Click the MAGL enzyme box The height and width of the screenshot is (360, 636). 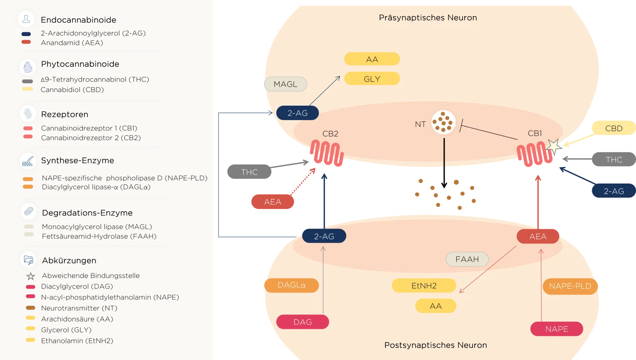(x=285, y=84)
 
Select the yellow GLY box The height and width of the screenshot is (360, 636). (x=372, y=79)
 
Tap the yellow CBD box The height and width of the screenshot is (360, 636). (x=613, y=128)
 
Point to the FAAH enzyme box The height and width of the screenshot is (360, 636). (x=467, y=259)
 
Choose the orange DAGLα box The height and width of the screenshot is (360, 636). (x=291, y=285)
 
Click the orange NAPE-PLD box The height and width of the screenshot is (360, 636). (x=570, y=286)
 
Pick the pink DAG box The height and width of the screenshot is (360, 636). (x=302, y=322)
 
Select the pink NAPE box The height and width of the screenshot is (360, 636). (x=556, y=329)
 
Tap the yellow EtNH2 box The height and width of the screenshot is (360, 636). (x=424, y=285)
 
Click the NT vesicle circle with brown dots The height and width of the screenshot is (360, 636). (x=443, y=122)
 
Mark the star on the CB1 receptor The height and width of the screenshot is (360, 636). (x=553, y=146)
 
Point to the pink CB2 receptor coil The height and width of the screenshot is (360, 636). (x=327, y=154)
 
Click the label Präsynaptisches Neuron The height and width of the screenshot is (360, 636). (x=428, y=18)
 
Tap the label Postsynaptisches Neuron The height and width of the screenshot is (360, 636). (x=435, y=345)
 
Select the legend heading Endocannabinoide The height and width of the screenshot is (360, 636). (x=78, y=20)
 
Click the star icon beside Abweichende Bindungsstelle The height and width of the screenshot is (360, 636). (x=31, y=276)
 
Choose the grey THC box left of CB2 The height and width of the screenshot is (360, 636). (x=249, y=172)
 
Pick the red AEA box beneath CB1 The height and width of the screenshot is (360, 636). (x=537, y=237)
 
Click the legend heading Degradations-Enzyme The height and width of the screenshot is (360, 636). (x=87, y=213)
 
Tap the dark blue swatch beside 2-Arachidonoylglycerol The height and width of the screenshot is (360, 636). (x=26, y=34)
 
